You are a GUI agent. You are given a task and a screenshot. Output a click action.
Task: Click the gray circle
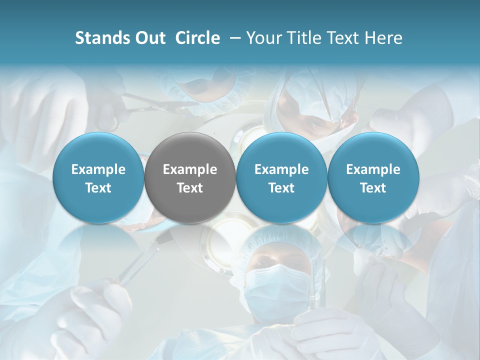coord(190,178)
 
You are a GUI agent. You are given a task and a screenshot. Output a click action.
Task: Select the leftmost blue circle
coord(98,178)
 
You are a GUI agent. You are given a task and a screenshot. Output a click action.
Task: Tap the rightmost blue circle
coord(373,178)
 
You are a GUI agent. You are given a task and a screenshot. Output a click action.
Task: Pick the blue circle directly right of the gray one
coord(281,178)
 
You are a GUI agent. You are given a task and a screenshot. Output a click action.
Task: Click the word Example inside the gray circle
coord(190,169)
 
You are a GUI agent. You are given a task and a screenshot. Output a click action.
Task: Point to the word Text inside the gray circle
coord(190,188)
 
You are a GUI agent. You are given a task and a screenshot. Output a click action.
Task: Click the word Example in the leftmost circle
coord(98,169)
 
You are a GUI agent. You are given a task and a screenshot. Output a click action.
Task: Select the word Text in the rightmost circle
coord(373,188)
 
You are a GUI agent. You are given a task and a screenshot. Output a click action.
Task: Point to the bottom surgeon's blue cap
coord(280,240)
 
